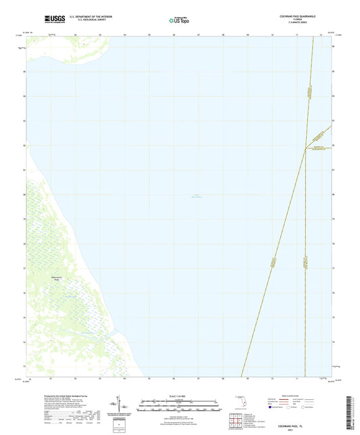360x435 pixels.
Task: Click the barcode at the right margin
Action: [x=351, y=409]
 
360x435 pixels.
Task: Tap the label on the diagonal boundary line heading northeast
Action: [x=274, y=263]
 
